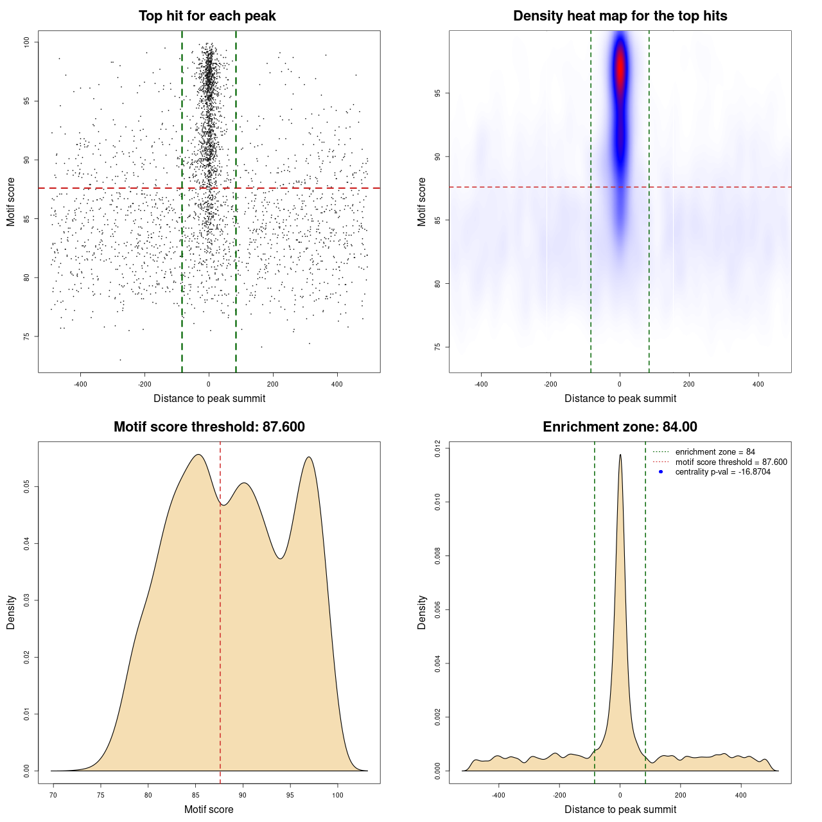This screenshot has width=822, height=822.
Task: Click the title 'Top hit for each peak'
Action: (207, 16)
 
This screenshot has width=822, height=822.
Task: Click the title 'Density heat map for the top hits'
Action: (620, 16)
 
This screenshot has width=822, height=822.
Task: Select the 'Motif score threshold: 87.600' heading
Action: (209, 427)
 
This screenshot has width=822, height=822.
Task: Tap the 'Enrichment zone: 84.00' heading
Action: (620, 427)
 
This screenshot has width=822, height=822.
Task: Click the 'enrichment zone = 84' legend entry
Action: (715, 452)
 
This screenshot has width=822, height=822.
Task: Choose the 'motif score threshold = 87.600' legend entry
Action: (731, 462)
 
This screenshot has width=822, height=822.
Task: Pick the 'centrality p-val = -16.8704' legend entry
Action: (722, 472)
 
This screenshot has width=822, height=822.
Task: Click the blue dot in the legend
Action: (661, 472)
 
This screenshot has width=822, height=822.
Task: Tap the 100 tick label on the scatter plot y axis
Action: (27, 42)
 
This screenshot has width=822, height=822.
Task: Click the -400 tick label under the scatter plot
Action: (80, 384)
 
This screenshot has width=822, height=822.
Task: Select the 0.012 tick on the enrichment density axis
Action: (438, 448)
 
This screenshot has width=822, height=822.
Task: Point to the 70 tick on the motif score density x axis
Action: (53, 795)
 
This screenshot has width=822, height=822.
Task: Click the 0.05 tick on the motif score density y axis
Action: (27, 487)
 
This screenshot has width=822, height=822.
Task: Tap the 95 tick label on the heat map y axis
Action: (438, 94)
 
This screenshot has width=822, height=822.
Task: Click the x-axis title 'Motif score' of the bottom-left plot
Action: (209, 809)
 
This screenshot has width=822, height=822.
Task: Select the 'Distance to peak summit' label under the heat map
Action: (620, 398)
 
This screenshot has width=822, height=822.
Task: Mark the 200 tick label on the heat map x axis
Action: (689, 384)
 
